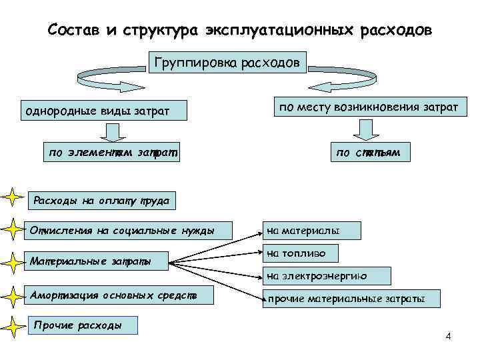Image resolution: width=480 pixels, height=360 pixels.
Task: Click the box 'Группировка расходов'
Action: pyautogui.click(x=227, y=64)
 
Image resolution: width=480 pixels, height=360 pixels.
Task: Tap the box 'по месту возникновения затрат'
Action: pyautogui.click(x=369, y=107)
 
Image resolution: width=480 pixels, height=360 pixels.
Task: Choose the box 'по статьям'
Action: pyautogui.click(x=369, y=153)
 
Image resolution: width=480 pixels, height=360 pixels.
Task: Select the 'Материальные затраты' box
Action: pyautogui.click(x=95, y=261)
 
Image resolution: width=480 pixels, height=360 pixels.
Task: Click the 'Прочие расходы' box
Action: pyautogui.click(x=84, y=325)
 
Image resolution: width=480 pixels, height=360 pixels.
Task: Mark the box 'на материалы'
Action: pyautogui.click(x=312, y=231)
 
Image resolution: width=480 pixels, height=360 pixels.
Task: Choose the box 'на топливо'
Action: pyautogui.click(x=301, y=253)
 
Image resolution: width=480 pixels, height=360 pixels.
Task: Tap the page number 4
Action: pyautogui.click(x=448, y=335)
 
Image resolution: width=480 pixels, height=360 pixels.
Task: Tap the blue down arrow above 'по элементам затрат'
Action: pyautogui.click(x=111, y=129)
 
